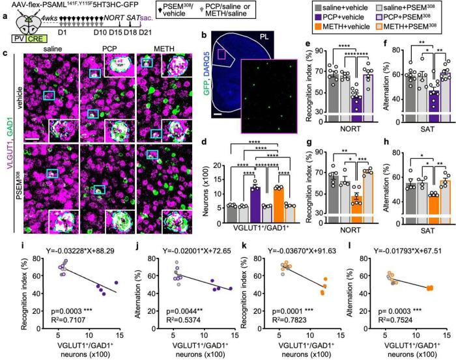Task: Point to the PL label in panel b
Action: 293,52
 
